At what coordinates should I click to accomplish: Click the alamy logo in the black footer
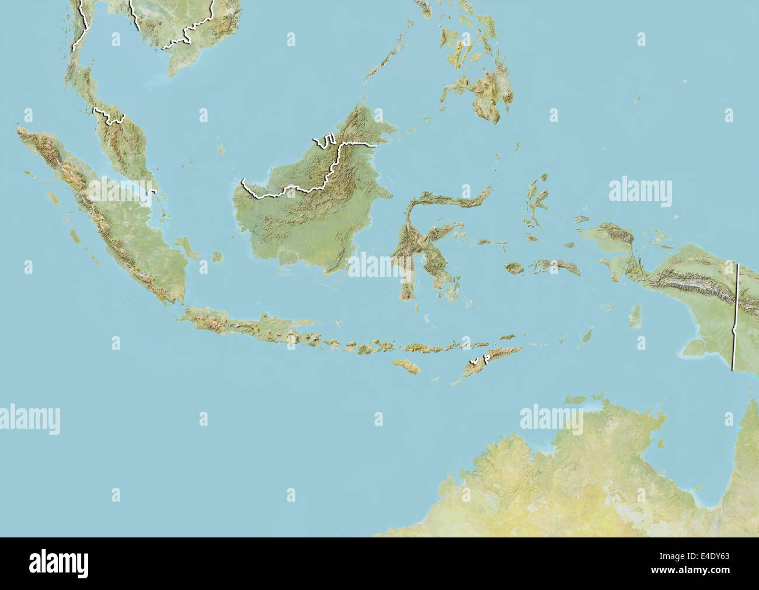(59, 563)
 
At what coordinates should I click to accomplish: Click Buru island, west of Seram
(514, 268)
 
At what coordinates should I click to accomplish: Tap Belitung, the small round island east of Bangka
(217, 257)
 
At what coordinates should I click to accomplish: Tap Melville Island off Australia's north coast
(575, 400)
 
